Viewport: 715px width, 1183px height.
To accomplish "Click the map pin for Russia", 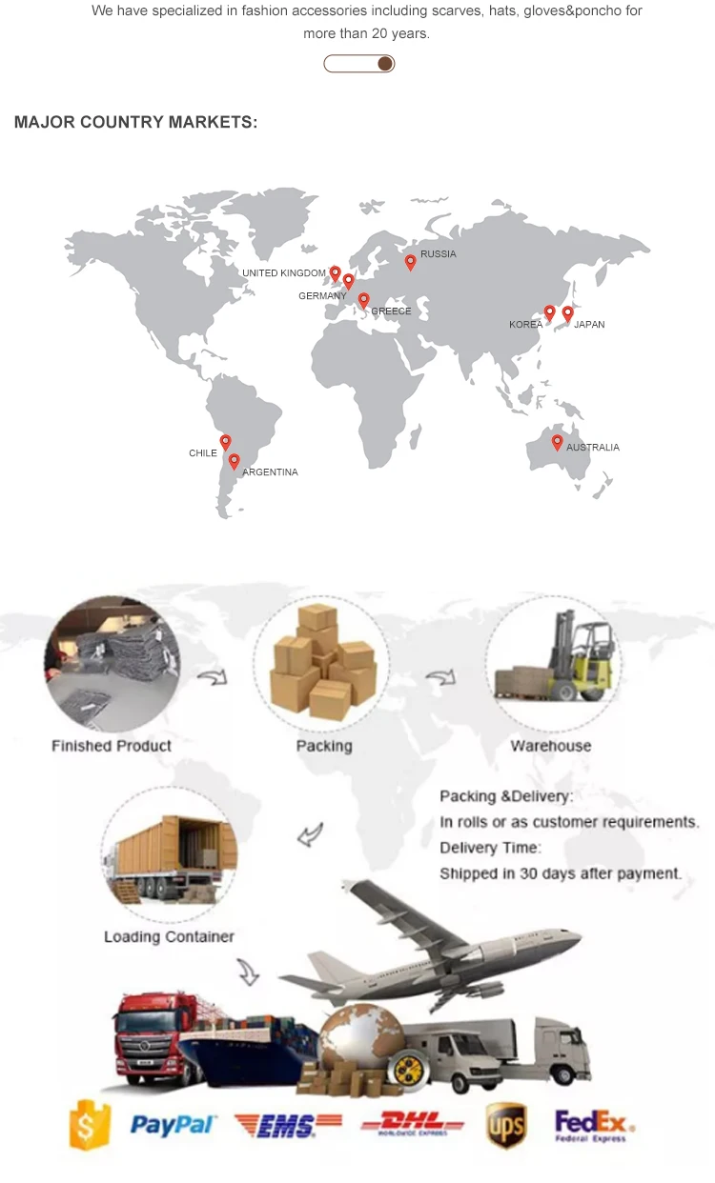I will coord(411,262).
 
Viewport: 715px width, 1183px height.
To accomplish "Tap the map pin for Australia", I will coord(557,442).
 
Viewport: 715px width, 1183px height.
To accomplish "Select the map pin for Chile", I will coord(225,442).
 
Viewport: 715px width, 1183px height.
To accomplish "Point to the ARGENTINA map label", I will coord(270,472).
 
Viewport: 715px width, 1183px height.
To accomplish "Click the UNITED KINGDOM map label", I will coord(284,273).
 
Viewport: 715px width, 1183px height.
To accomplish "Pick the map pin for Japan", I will coord(567,312).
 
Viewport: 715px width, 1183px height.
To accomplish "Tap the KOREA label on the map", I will coord(525,325).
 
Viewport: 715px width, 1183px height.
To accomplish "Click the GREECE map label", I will coord(391,311).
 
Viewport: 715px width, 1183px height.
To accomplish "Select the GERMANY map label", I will coord(322,296).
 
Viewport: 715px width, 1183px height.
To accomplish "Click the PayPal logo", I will coord(173,1126).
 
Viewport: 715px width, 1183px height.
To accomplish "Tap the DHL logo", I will coord(412,1125).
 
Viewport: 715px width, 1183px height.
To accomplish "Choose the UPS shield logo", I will coord(506,1125).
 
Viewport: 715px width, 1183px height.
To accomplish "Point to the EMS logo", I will coord(287,1126).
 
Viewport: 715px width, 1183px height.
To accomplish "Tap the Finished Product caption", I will coord(112,746).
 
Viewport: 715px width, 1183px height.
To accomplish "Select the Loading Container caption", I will coord(169,936).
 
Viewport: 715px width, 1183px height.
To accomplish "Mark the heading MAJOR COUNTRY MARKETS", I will coord(135,123).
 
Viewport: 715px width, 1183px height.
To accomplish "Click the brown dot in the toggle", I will coord(384,64).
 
